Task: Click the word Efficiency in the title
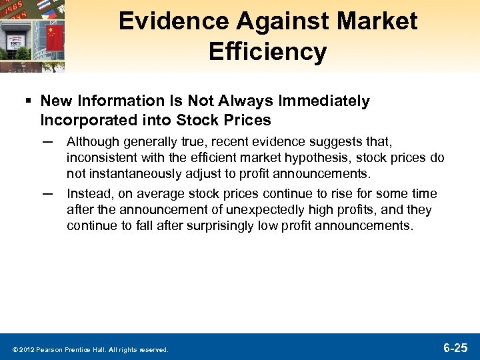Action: (x=267, y=51)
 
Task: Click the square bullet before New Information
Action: (x=29, y=101)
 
